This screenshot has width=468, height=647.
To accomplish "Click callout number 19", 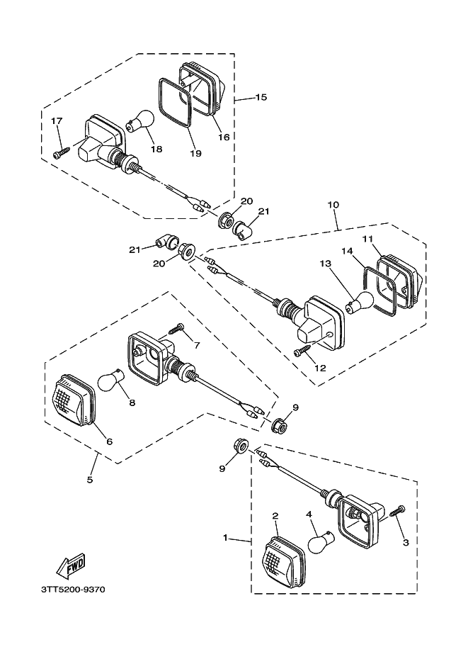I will pyautogui.click(x=195, y=152).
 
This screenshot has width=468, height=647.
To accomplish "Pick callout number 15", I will pyautogui.click(x=261, y=97).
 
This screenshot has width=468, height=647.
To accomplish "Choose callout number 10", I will pyautogui.click(x=333, y=205).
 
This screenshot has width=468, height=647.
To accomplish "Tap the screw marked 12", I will pyautogui.click(x=303, y=351).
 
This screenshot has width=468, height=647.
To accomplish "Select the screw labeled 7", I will pyautogui.click(x=176, y=328).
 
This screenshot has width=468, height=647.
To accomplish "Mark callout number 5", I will pyautogui.click(x=90, y=480).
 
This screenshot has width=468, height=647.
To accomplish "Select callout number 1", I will pyautogui.click(x=226, y=539).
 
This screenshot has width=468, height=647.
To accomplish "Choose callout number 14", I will pyautogui.click(x=348, y=251).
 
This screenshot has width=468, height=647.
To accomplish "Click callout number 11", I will pyautogui.click(x=367, y=239).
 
